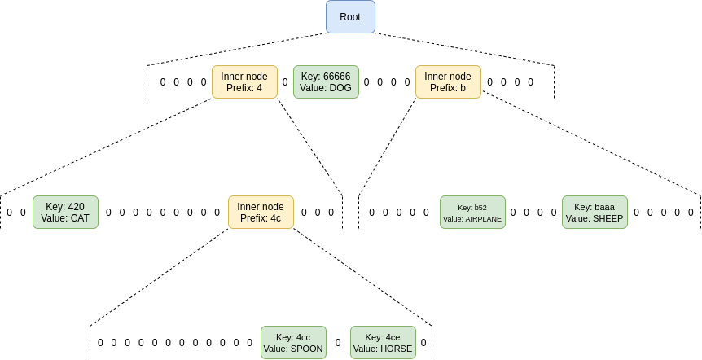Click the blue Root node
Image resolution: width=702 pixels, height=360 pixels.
(350, 17)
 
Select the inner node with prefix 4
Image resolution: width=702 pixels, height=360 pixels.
(244, 82)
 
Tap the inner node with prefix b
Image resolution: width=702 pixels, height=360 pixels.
(448, 82)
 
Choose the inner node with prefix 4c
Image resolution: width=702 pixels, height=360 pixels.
(261, 212)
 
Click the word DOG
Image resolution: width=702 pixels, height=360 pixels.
(340, 88)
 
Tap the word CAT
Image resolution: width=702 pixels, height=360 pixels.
(79, 218)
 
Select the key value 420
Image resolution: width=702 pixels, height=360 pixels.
(76, 207)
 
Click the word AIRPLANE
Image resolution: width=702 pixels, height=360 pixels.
(484, 219)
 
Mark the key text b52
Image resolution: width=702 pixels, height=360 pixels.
(480, 208)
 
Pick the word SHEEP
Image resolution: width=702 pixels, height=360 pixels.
(606, 218)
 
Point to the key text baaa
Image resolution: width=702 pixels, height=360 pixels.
(605, 207)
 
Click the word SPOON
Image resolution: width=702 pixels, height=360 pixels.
(306, 349)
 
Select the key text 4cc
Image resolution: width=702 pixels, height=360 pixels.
(303, 337)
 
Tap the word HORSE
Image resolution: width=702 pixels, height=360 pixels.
(396, 349)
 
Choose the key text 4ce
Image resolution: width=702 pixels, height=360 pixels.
(393, 337)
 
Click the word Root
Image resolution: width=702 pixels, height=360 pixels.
(350, 17)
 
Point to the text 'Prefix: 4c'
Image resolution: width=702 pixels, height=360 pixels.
(261, 217)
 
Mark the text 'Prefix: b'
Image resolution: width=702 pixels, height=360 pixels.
(448, 88)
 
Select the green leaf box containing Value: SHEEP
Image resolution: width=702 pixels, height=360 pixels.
(595, 212)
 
